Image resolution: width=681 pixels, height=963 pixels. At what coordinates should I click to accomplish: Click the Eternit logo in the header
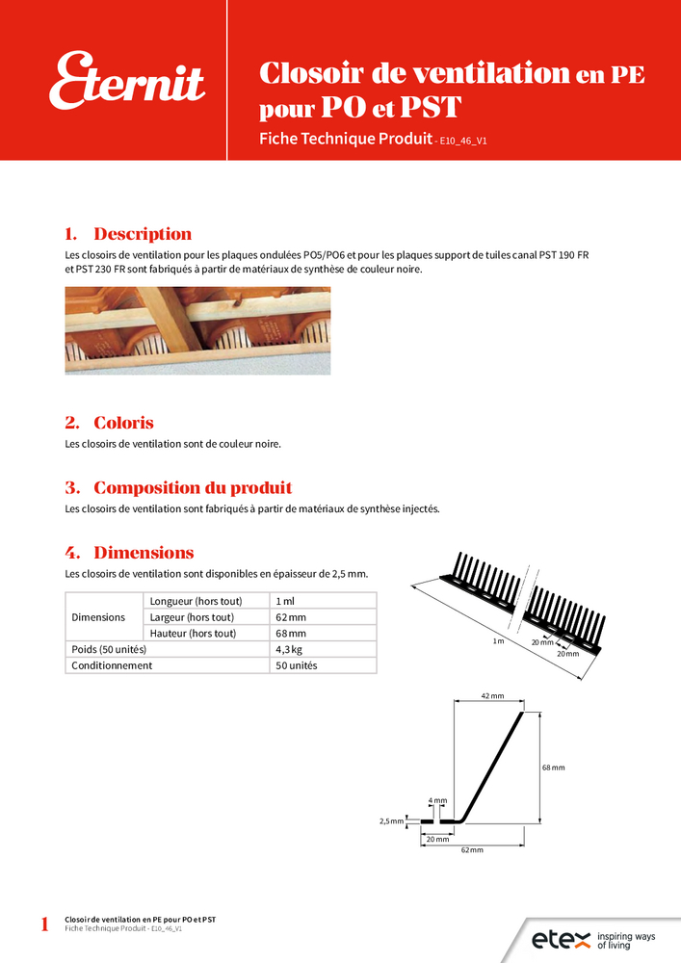127,81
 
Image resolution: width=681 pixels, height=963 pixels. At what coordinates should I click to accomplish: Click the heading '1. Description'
128,234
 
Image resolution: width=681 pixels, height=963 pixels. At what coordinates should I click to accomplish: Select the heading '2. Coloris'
109,423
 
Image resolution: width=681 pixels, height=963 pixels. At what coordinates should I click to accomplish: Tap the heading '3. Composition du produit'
178,487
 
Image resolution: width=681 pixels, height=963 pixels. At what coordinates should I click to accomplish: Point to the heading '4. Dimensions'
129,553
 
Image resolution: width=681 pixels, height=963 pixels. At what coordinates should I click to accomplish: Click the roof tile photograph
197,330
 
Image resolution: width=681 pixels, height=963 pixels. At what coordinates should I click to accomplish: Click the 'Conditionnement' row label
112,665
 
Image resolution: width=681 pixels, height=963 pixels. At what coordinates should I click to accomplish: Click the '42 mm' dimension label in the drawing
491,695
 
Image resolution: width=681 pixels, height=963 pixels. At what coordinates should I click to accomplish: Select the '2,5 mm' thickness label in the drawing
390,821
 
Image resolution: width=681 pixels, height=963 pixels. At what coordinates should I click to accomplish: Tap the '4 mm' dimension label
437,800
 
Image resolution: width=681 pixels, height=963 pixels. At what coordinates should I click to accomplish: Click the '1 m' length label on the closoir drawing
498,640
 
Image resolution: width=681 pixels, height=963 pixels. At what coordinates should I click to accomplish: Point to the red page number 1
44,925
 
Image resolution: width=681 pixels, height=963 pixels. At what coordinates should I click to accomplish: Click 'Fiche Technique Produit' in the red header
345,139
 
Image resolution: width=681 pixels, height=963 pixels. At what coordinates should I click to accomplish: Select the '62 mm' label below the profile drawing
471,851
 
